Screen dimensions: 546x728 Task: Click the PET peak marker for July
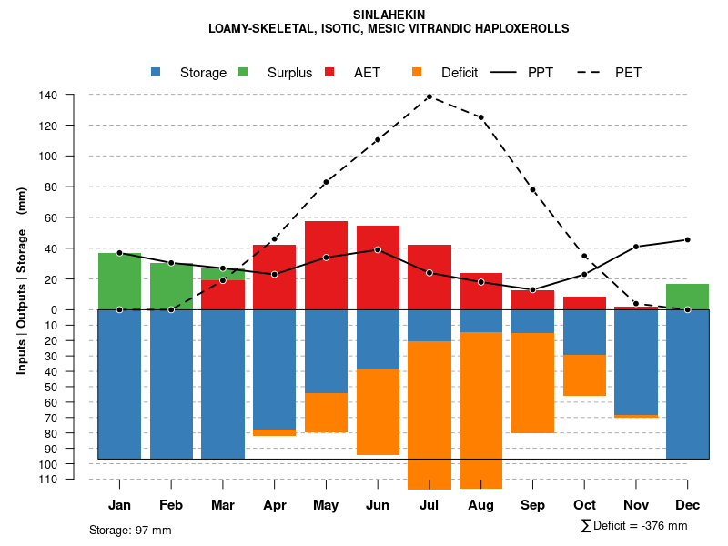tap(430, 96)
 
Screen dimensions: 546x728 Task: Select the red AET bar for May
tap(326, 265)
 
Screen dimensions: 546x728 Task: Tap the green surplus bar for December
tap(687, 297)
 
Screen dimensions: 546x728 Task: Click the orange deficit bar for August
tap(481, 409)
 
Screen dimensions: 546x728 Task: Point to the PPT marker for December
tap(687, 239)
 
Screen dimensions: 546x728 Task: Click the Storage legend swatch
tap(157, 72)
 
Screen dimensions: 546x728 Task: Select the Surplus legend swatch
tap(243, 72)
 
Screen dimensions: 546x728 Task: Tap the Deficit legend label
tap(460, 73)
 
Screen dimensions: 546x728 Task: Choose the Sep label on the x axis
tap(533, 505)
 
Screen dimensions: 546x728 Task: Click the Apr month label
tap(275, 505)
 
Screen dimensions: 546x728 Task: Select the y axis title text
tap(22, 280)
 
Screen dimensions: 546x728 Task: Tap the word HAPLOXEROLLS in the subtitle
tap(524, 28)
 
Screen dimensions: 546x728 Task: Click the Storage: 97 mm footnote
tap(130, 530)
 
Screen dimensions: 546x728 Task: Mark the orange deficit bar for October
tap(585, 375)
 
